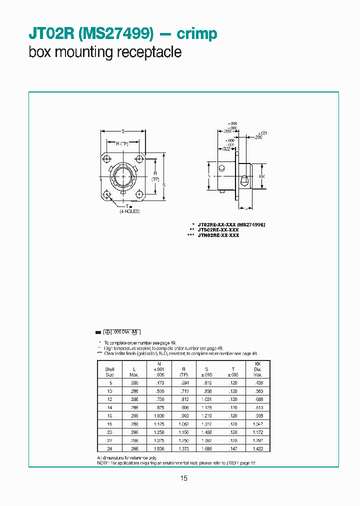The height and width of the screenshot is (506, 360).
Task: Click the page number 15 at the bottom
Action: click(183, 478)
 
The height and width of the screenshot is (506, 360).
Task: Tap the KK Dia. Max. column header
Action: click(258, 369)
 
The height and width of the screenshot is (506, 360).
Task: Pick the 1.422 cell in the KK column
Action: click(258, 448)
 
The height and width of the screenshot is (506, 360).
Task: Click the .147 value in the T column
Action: click(233, 448)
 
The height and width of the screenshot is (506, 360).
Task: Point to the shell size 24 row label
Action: click(109, 448)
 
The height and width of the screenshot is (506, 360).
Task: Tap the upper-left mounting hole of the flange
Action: click(106, 159)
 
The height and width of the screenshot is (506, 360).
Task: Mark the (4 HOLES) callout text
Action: click(129, 211)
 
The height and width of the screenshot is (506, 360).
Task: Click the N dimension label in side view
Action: click(208, 176)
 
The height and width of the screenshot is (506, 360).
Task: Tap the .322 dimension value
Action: click(226, 149)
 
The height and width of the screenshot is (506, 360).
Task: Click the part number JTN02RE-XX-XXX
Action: click(218, 235)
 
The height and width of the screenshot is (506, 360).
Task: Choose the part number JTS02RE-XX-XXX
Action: click(218, 230)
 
